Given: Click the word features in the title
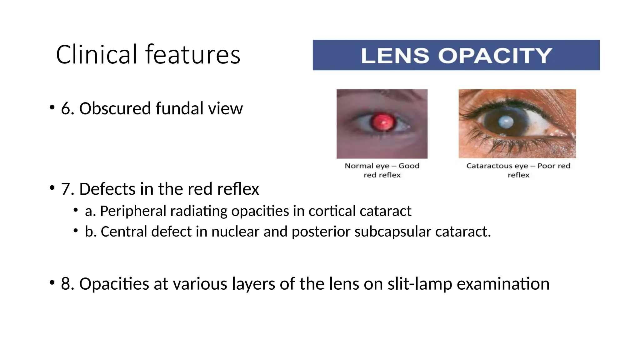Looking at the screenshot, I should [192, 55].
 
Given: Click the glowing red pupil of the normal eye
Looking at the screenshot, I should [382, 122].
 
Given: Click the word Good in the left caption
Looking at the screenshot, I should [409, 166].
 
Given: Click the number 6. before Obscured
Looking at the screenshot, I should [67, 109].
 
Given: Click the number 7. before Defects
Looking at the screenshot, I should [67, 189].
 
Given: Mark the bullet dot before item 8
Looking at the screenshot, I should [52, 283].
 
